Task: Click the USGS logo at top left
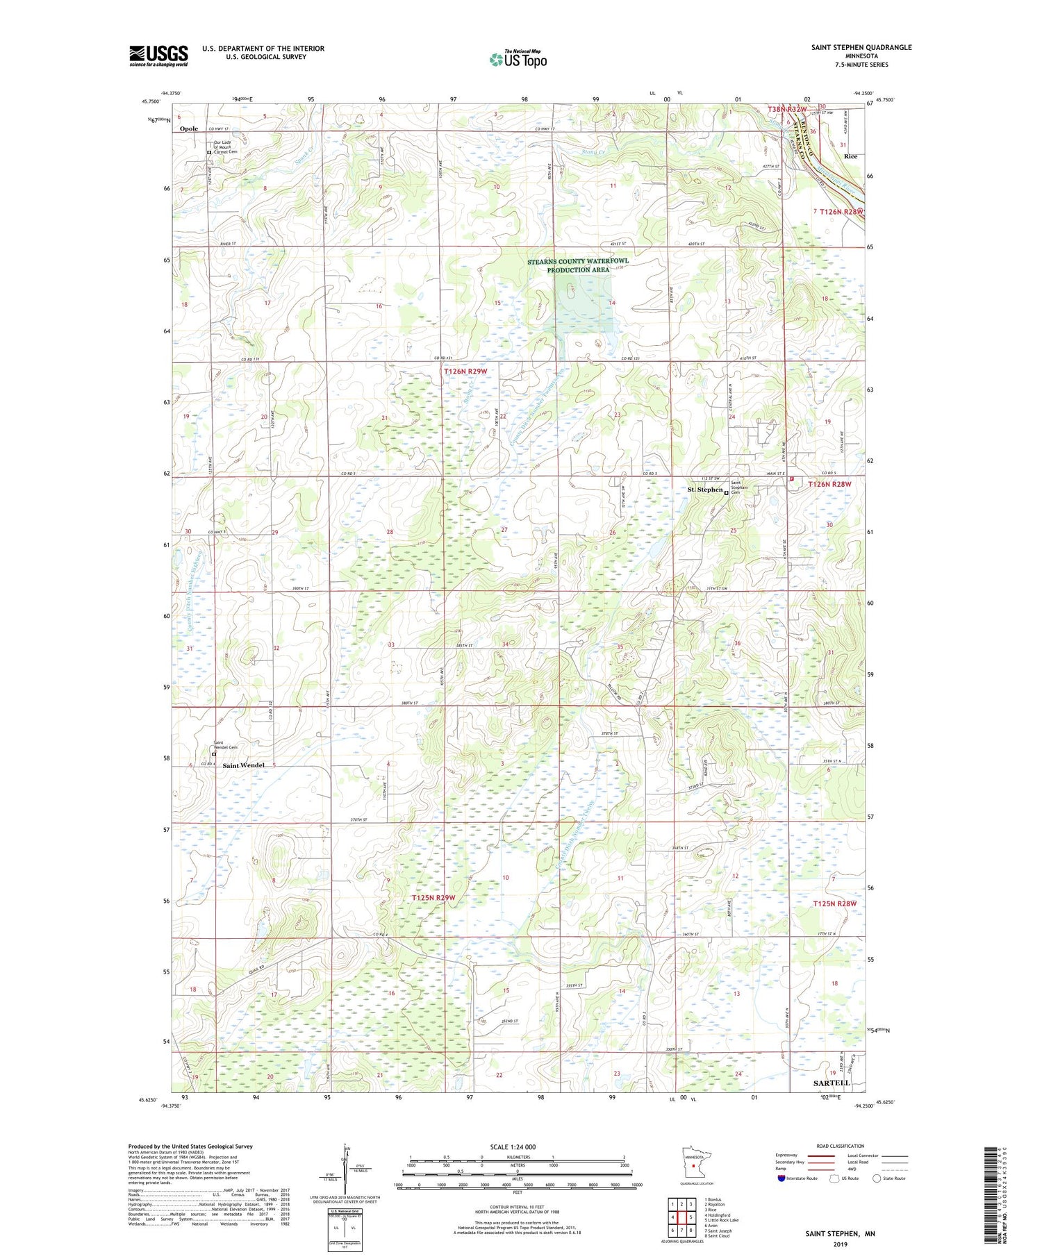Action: click(158, 56)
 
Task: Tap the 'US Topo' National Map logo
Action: click(518, 60)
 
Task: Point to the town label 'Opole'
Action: click(189, 128)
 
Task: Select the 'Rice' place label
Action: click(850, 157)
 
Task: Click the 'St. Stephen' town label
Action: click(705, 490)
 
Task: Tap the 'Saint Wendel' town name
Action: click(243, 765)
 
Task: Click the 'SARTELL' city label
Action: click(832, 1083)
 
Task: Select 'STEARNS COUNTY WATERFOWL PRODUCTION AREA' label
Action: click(577, 265)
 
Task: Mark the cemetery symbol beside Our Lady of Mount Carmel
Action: click(209, 152)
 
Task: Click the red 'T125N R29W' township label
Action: click(433, 898)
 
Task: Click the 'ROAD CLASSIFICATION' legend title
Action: click(840, 1146)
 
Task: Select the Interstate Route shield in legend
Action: click(781, 1178)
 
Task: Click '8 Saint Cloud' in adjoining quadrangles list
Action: click(717, 1236)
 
